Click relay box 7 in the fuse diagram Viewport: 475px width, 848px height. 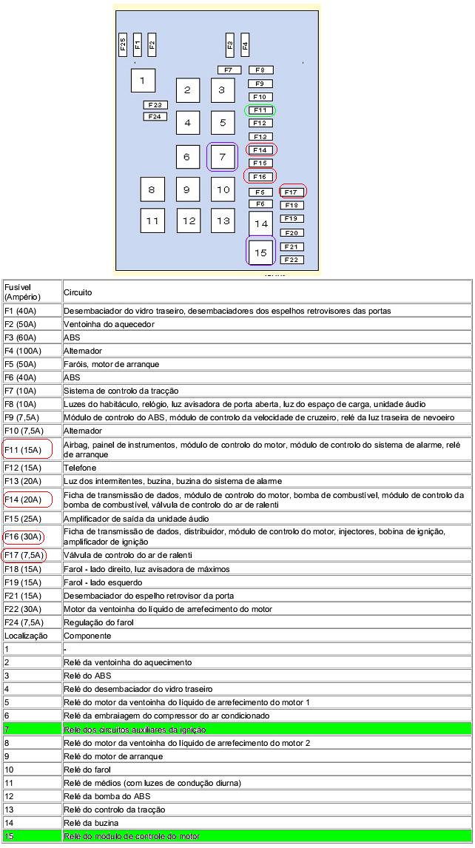pyautogui.click(x=223, y=157)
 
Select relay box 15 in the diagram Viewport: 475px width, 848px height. pyautogui.click(x=260, y=252)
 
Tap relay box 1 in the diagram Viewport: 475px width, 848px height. pyautogui.click(x=143, y=80)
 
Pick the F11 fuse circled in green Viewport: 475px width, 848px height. pyautogui.click(x=260, y=110)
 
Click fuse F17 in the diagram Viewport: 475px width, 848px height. pyautogui.click(x=292, y=192)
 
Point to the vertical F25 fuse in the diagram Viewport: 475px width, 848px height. pyautogui.click(x=123, y=44)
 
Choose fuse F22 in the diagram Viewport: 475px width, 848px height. pyautogui.click(x=292, y=260)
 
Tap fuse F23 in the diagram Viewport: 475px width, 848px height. pyautogui.click(x=155, y=105)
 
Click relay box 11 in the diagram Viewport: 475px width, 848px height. pyautogui.click(x=152, y=221)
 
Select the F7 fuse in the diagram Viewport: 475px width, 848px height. pyautogui.click(x=229, y=70)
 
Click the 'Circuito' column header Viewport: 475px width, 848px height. pyautogui.click(x=78, y=292)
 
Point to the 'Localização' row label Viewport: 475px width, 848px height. pyautogui.click(x=26, y=635)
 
